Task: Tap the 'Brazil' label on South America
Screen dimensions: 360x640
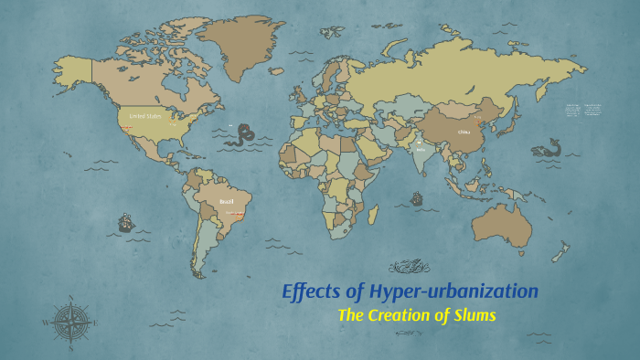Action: pyautogui.click(x=227, y=201)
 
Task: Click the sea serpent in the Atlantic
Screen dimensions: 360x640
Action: pyautogui.click(x=240, y=137)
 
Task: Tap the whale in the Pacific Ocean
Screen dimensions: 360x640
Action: pyautogui.click(x=549, y=149)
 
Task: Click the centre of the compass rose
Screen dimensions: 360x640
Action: pyautogui.click(x=71, y=321)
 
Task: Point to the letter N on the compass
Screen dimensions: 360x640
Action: pyautogui.click(x=71, y=298)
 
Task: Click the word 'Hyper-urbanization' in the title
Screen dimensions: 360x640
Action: pyautogui.click(x=453, y=291)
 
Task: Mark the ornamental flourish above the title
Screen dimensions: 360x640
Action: pyautogui.click(x=410, y=267)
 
